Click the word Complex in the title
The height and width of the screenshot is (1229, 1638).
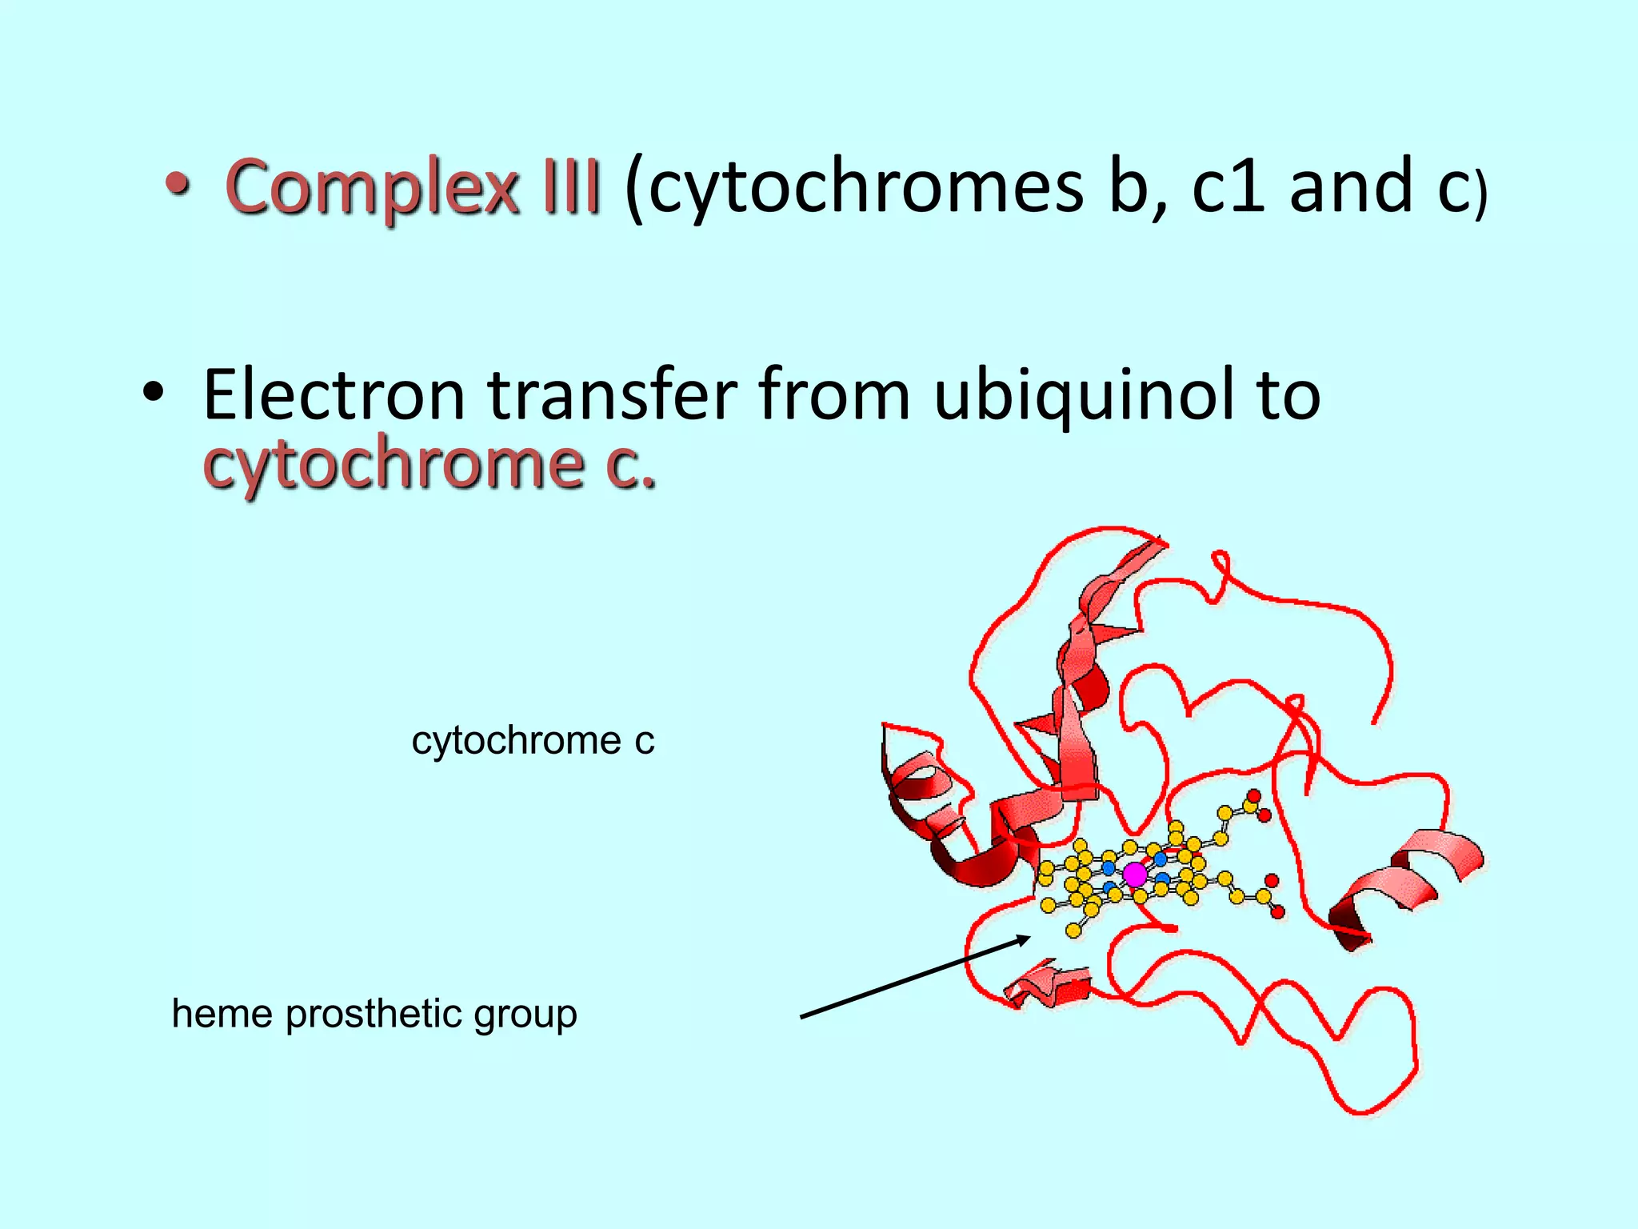372,188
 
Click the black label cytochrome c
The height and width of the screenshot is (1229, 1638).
533,740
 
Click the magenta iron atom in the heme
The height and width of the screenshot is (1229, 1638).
1135,875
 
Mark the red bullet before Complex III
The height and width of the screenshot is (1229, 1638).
178,186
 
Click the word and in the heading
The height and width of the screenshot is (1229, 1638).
1351,188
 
